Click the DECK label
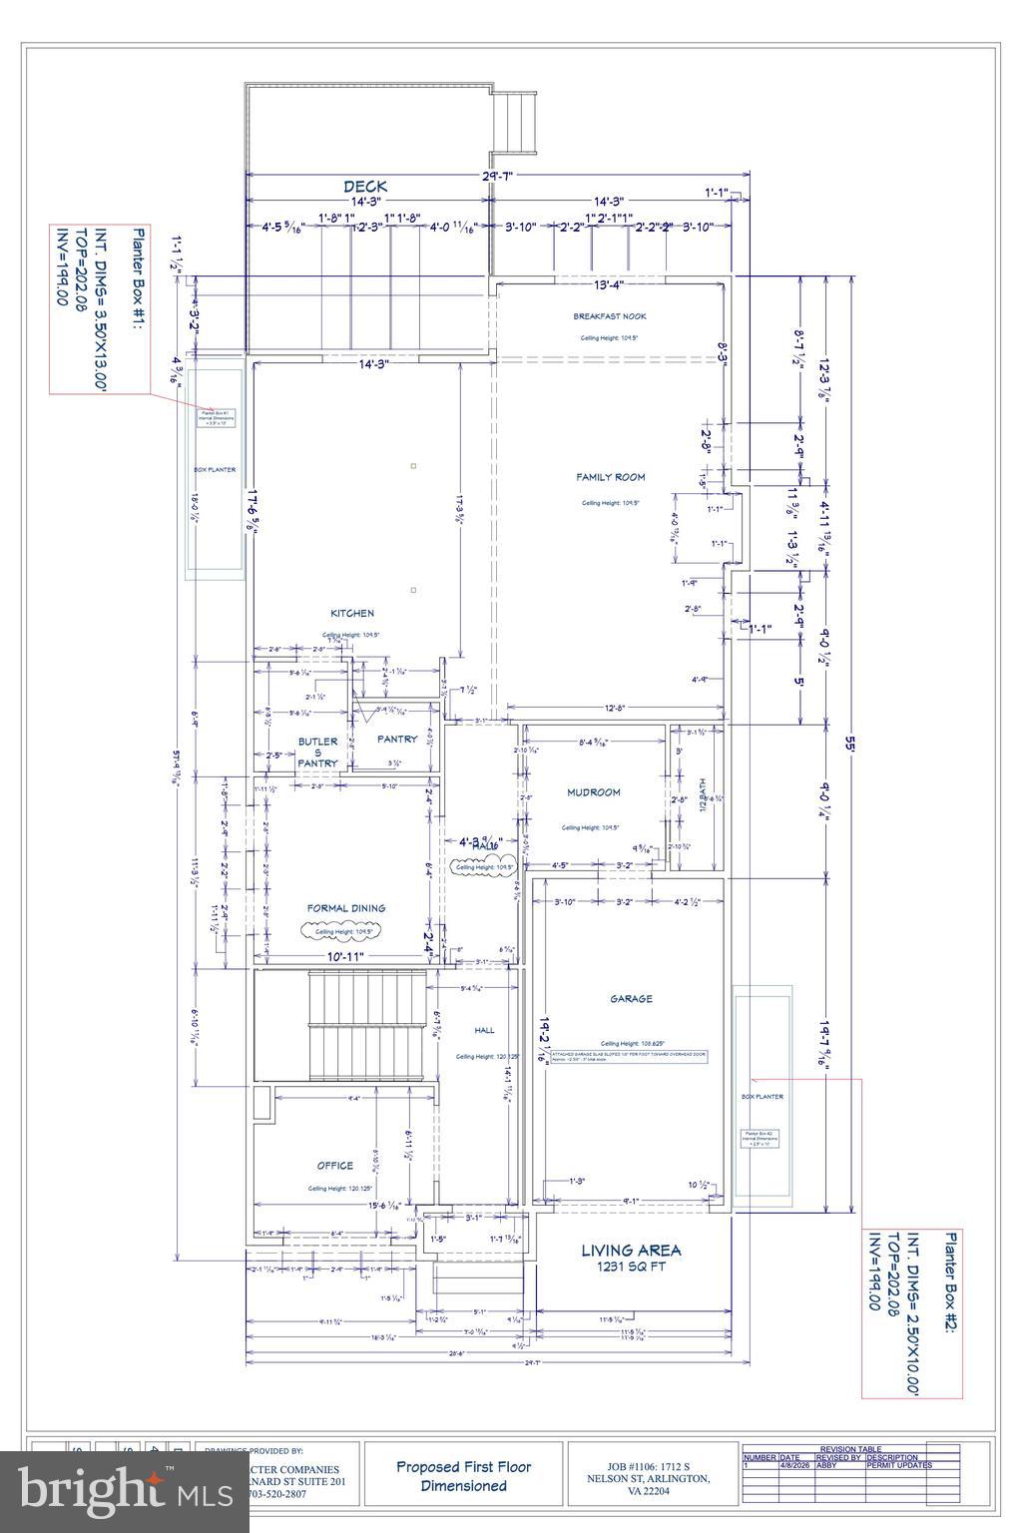[365, 187]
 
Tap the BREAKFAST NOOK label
[609, 316]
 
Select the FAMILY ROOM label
[610, 477]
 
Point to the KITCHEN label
[352, 613]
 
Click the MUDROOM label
[594, 792]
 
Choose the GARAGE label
[631, 999]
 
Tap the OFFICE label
[335, 1166]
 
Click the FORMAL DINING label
[345, 908]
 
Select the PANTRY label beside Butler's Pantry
[397, 740]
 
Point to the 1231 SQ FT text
[632, 1268]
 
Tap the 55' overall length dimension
[848, 745]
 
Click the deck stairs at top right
[517, 122]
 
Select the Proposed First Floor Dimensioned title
[463, 1476]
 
